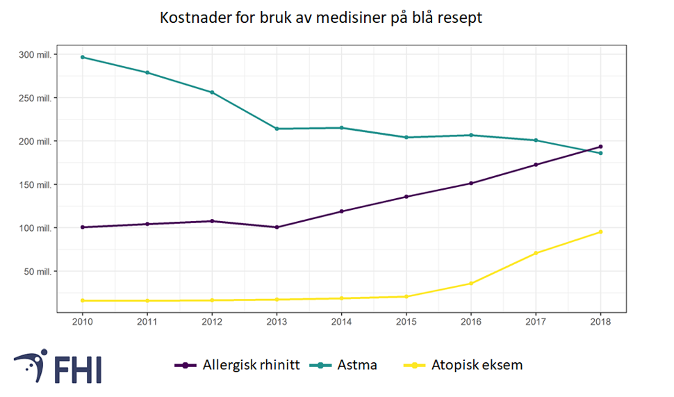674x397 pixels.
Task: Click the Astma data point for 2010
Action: [x=83, y=57]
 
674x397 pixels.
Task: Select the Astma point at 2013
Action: [x=277, y=129]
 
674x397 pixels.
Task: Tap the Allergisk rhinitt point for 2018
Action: [x=600, y=147]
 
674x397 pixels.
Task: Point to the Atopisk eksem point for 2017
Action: [x=536, y=253]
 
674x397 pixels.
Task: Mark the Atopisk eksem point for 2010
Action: [x=83, y=300]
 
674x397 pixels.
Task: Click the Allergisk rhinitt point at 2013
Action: [x=277, y=227]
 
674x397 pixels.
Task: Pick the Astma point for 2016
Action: [x=471, y=135]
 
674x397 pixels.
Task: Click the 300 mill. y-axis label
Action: [x=35, y=54]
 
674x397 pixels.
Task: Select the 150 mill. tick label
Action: [x=35, y=185]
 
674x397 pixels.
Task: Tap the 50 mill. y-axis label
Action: [x=38, y=272]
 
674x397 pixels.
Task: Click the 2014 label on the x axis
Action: [x=341, y=322]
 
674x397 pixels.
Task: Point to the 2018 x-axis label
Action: [x=600, y=322]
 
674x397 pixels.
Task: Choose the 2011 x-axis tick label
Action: [x=147, y=322]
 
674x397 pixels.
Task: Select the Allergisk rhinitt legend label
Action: [x=251, y=365]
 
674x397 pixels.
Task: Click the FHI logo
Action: [x=58, y=366]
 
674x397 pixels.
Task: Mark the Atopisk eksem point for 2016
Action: [x=471, y=283]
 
